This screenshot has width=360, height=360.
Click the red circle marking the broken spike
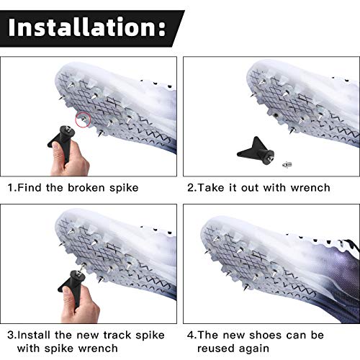pyautogui.click(x=83, y=119)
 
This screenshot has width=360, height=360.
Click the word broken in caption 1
pyautogui.click(x=94, y=188)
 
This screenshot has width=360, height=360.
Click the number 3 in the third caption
pyautogui.click(x=12, y=335)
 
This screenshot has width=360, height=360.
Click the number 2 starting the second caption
pyautogui.click(x=191, y=188)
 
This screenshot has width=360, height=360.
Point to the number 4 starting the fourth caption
pyautogui.click(x=191, y=335)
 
